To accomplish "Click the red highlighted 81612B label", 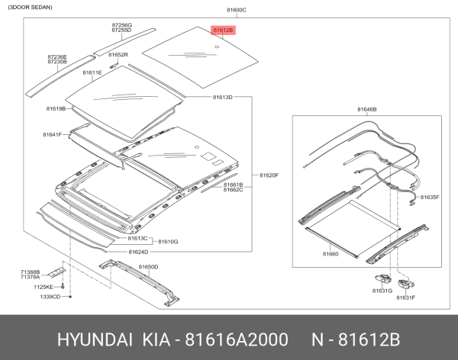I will click(223, 31).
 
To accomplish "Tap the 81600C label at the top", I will click(237, 10).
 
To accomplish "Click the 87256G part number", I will click(121, 24).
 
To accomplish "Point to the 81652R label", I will click(118, 56).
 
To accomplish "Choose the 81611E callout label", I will click(92, 72).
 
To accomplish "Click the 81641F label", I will click(52, 135).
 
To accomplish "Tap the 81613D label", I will click(222, 98).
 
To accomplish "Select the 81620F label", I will click(269, 175).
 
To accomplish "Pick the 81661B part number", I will click(233, 185).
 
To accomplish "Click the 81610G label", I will click(167, 241).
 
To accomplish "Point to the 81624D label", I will click(138, 252).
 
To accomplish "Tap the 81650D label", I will click(148, 266).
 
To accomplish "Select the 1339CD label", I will click(50, 296).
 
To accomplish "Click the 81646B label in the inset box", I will click(366, 110).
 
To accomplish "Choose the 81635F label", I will click(429, 198).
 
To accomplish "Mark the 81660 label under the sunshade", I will click(330, 253).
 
